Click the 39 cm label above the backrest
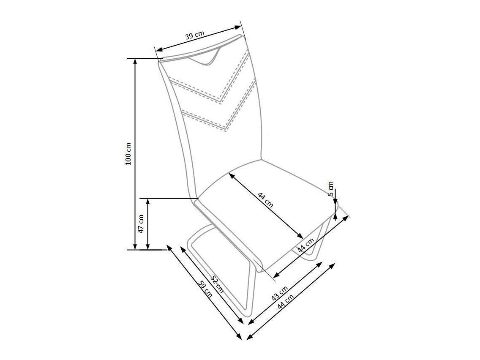pos(195,35)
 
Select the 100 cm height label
pos(128,154)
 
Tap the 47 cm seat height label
pos(141,224)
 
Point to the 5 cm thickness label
pos(330,189)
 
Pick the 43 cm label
pos(280,293)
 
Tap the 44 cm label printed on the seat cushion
pos(265,200)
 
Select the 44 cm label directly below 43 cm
pos(285,301)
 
